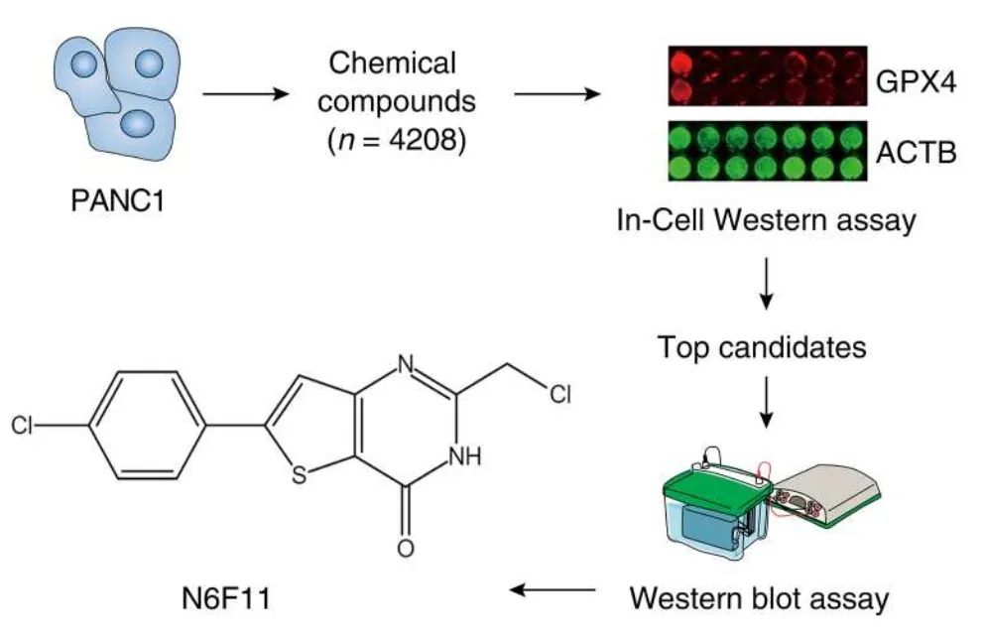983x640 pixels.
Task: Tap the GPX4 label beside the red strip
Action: point(915,81)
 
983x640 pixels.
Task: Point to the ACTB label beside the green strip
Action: point(915,155)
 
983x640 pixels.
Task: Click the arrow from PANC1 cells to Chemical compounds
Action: point(243,95)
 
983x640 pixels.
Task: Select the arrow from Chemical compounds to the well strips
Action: point(556,95)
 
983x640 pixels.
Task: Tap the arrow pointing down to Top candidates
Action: point(765,285)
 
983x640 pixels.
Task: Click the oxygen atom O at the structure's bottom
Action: point(403,548)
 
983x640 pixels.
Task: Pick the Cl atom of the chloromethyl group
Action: point(560,394)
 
